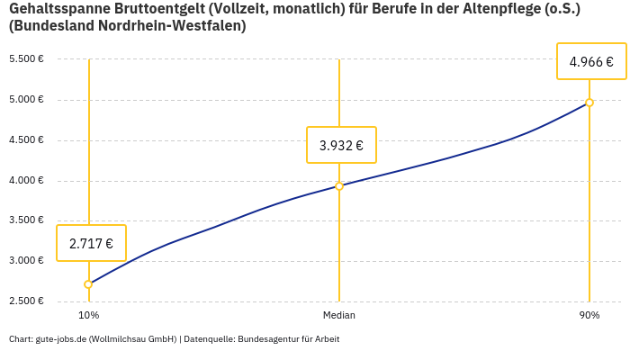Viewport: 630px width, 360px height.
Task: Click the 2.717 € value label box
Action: (x=91, y=243)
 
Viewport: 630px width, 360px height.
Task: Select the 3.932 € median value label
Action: (x=341, y=145)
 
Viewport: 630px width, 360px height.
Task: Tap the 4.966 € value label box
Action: (x=591, y=62)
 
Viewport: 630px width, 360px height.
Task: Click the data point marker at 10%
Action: (x=88, y=284)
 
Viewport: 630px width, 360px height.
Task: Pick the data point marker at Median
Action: (x=339, y=186)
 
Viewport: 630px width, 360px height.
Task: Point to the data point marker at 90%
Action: (x=589, y=103)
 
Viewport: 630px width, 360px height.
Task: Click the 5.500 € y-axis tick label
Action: (x=26, y=59)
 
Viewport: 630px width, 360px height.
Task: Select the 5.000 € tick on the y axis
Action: (x=26, y=99)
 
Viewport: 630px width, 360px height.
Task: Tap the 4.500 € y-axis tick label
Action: (x=26, y=139)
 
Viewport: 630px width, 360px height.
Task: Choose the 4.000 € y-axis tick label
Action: (x=26, y=180)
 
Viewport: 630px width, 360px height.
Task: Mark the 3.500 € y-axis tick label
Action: (x=26, y=220)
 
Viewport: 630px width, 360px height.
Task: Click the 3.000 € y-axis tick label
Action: (x=26, y=261)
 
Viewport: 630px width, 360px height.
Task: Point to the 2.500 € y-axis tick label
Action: (x=26, y=301)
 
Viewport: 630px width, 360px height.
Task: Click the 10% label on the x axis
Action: (x=88, y=316)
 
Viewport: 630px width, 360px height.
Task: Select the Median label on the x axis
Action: (x=339, y=316)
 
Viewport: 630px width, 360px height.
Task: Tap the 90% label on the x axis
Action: (x=589, y=316)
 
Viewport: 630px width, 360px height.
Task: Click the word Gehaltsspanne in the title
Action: (x=56, y=9)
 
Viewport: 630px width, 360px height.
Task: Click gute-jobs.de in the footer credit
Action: (x=60, y=339)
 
